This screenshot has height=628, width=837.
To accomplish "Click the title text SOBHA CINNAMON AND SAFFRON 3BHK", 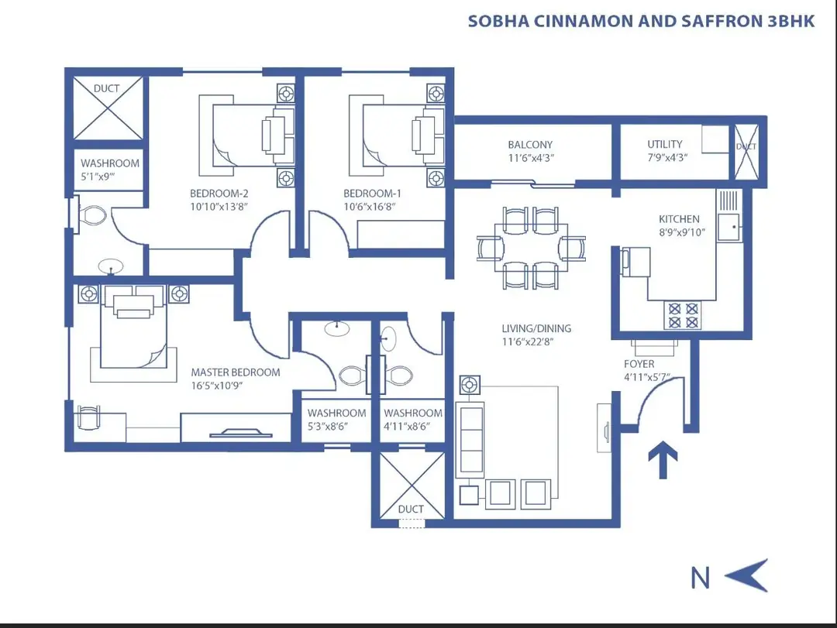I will pyautogui.click(x=641, y=21).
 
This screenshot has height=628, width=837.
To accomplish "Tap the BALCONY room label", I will pyautogui.click(x=530, y=145).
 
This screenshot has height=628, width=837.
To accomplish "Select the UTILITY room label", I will pyautogui.click(x=665, y=144).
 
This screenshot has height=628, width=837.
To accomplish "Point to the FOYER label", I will pyautogui.click(x=639, y=364).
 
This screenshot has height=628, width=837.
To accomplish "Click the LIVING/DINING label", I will pyautogui.click(x=536, y=328).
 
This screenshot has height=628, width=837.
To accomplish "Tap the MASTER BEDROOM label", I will pyautogui.click(x=236, y=372).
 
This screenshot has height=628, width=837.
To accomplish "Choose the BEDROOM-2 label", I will pyautogui.click(x=219, y=194).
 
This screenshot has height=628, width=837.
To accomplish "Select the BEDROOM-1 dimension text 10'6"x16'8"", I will pyautogui.click(x=371, y=207).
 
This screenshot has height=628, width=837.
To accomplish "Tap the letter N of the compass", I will pyautogui.click(x=701, y=577).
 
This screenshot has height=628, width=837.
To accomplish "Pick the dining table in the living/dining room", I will pyautogui.click(x=531, y=249).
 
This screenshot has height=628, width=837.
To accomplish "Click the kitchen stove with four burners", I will pyautogui.click(x=681, y=314).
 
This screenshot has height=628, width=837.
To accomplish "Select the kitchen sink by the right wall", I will pyautogui.click(x=728, y=228).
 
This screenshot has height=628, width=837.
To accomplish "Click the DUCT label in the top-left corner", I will pyautogui.click(x=106, y=88).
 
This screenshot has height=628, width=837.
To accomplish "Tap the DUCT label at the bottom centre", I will pyautogui.click(x=411, y=509).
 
